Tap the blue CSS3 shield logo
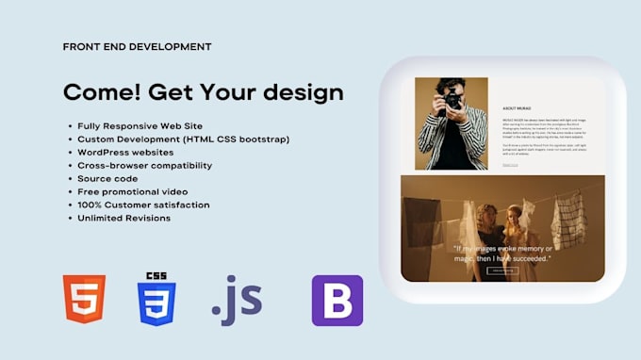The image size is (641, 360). point(156,300)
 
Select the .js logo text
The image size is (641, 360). point(237,300)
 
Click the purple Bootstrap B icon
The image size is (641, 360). point(337,301)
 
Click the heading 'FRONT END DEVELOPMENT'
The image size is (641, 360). point(136,46)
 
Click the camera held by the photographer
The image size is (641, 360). point(453,98)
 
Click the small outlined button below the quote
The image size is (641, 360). point(501,270)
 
